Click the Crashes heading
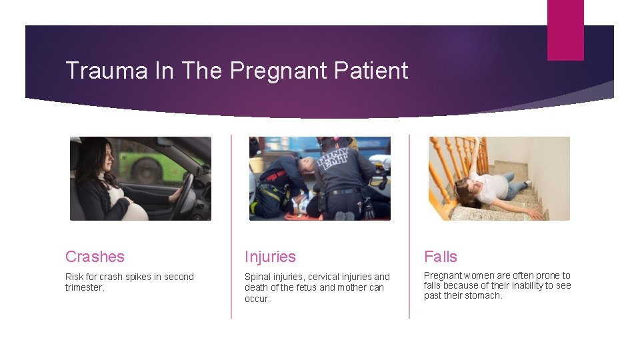coord(95,257)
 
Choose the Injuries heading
coord(270,257)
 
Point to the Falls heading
coord(441,257)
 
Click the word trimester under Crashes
coord(85,288)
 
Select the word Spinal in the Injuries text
coord(257,277)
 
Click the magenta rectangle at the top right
coord(565,30)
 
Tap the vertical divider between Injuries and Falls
coord(409,227)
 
